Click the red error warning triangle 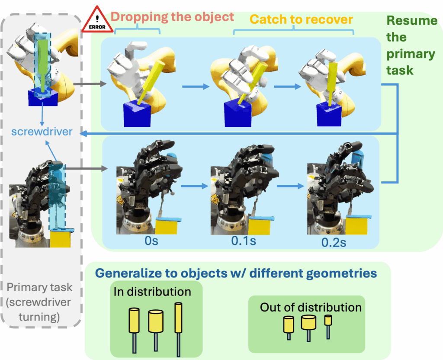97,21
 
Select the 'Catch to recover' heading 302,19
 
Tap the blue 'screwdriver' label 42,132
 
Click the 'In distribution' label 152,292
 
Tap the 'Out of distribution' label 311,307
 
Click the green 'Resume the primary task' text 411,45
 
